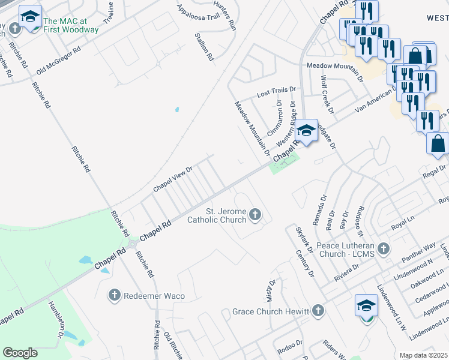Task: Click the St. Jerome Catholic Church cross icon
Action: (255, 214)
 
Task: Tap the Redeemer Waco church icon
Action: (115, 295)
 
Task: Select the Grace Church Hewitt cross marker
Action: (318, 311)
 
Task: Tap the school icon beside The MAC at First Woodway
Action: (29, 18)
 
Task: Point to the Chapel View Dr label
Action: (172, 179)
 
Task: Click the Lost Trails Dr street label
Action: (276, 92)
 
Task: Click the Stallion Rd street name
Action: (204, 47)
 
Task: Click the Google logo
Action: (20, 352)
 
